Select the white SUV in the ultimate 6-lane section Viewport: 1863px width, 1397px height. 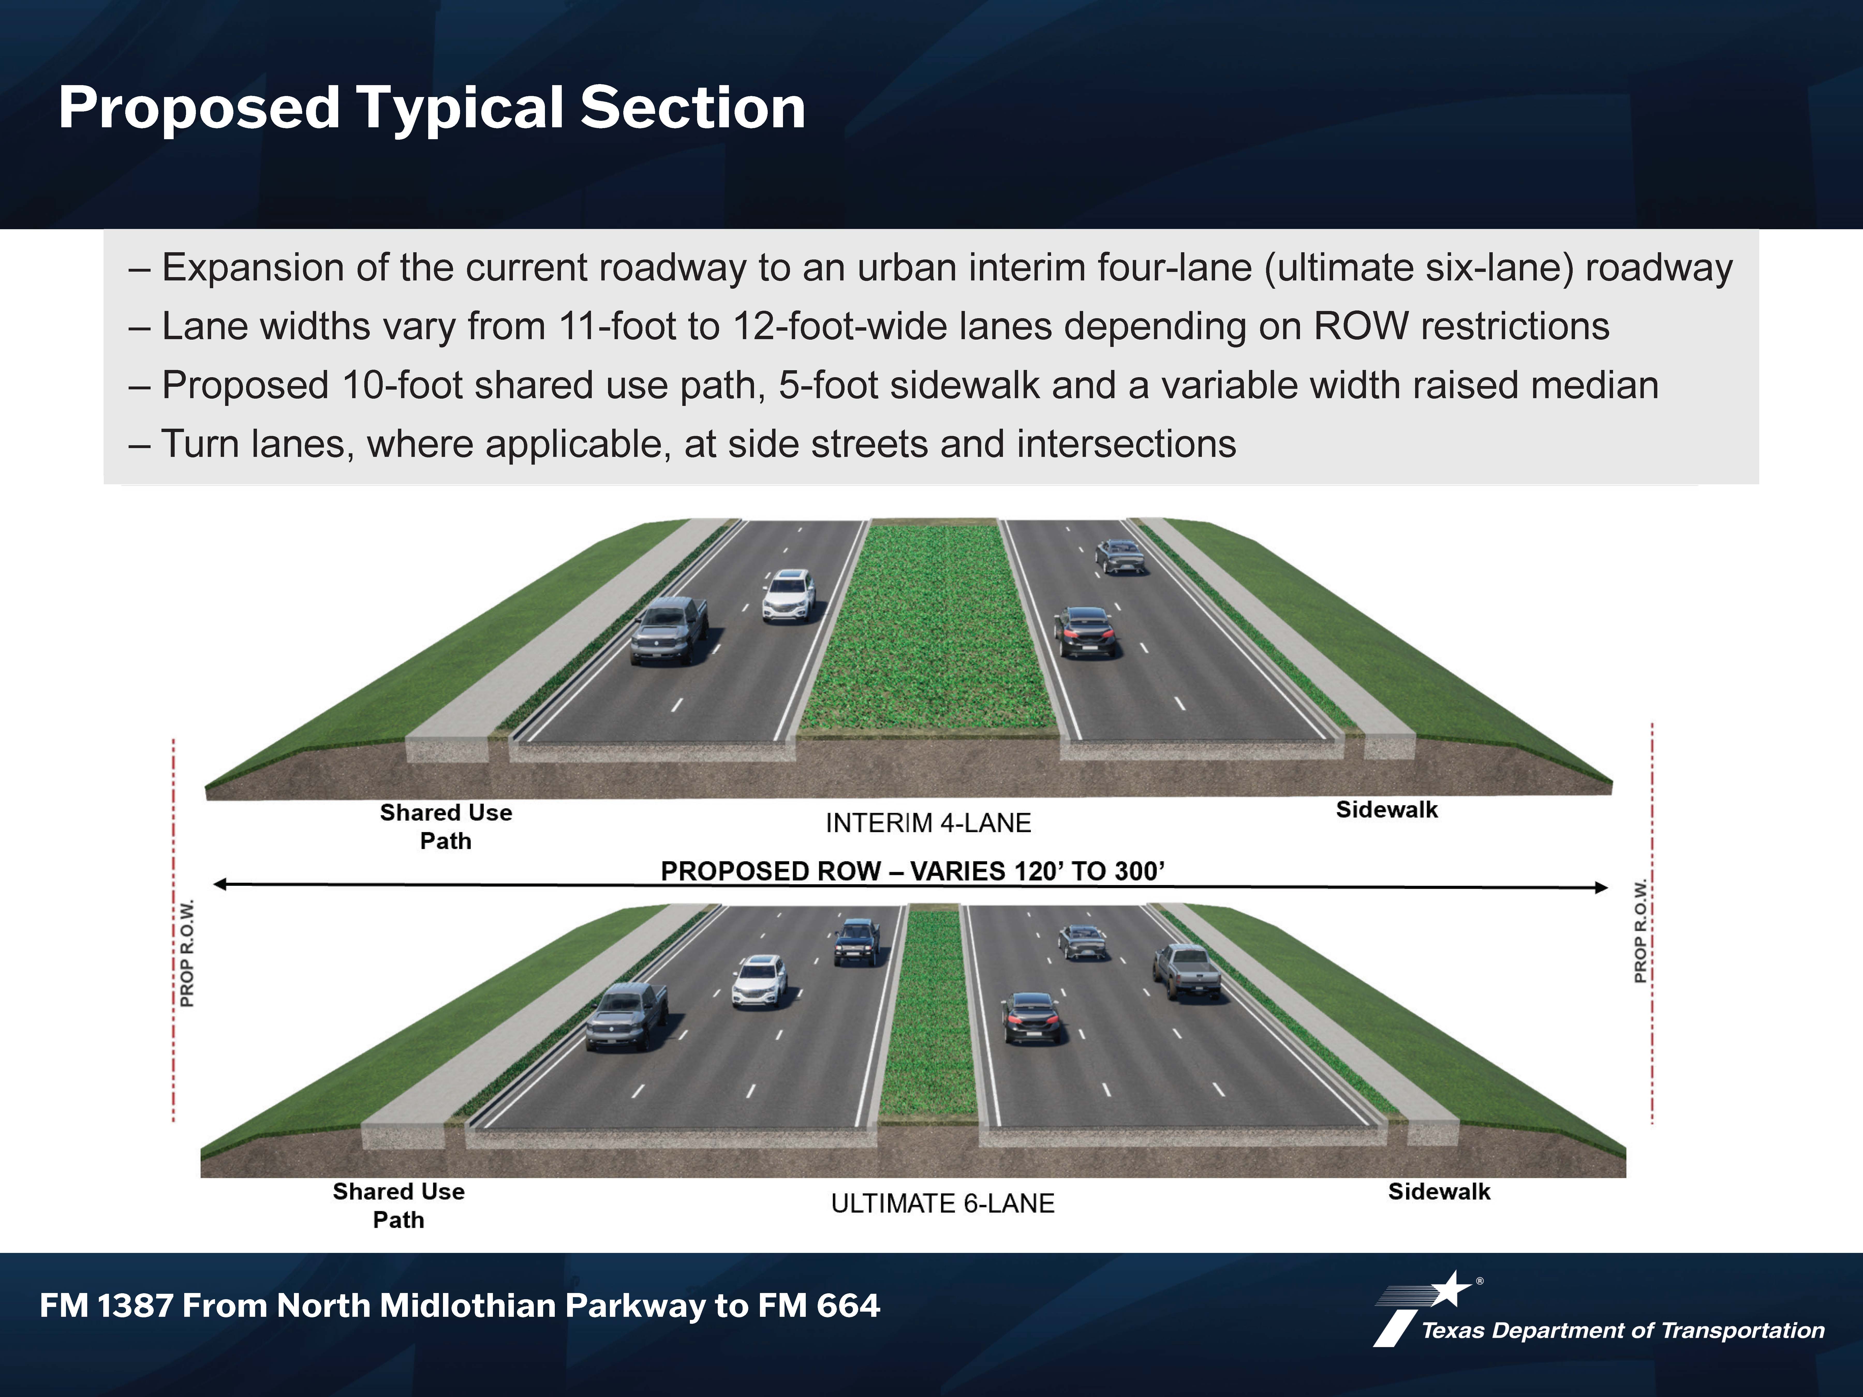760,981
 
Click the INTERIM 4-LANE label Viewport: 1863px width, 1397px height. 928,823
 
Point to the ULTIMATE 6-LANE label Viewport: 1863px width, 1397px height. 942,1203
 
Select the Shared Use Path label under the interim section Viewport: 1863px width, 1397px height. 446,826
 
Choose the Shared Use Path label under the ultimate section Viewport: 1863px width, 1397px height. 398,1205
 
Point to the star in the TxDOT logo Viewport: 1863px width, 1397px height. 1450,1288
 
